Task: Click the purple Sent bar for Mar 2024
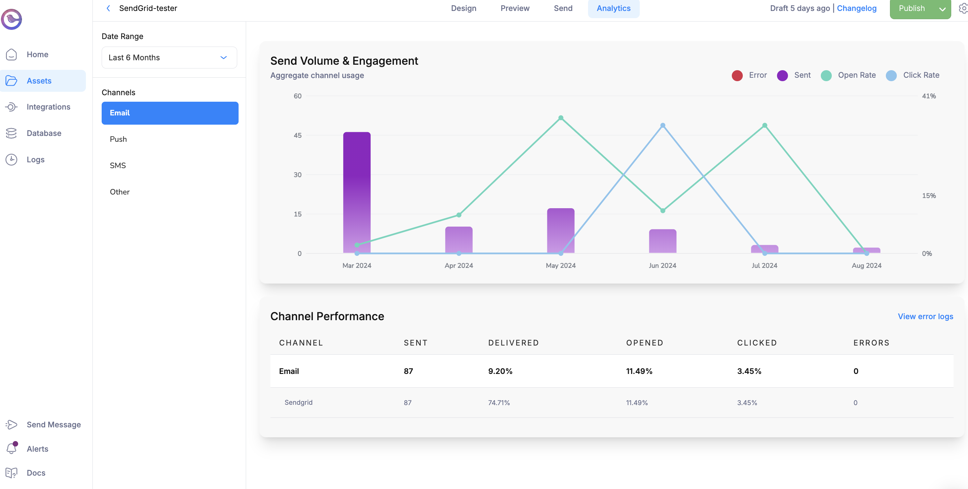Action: coord(357,192)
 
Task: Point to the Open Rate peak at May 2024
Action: coord(560,118)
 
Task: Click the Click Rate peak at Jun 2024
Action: coord(662,126)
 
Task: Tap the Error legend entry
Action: coord(749,75)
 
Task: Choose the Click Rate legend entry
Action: coord(913,75)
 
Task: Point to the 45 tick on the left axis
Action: coord(297,135)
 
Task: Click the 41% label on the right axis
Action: coord(928,96)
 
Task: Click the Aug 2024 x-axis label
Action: coord(866,265)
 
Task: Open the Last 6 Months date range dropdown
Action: coord(169,58)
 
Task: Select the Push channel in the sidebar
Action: coord(118,139)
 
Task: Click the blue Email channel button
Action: coord(170,113)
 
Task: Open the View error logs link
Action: coord(925,316)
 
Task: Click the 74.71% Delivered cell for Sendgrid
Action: coord(499,403)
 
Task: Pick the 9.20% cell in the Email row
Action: coord(500,371)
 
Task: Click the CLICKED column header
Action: coord(757,343)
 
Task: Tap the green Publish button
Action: coord(912,8)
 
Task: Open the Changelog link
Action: coord(856,8)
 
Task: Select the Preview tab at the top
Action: coord(514,8)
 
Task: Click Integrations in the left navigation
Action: coord(48,107)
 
